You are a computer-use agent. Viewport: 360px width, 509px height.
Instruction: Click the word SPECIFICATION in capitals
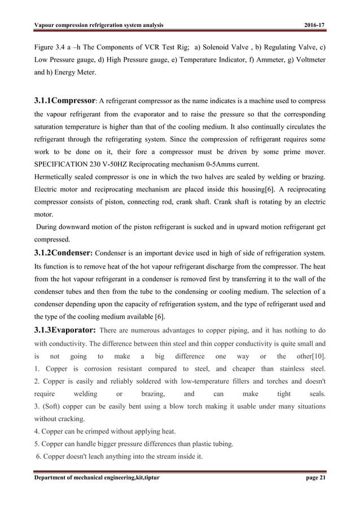point(60,163)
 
